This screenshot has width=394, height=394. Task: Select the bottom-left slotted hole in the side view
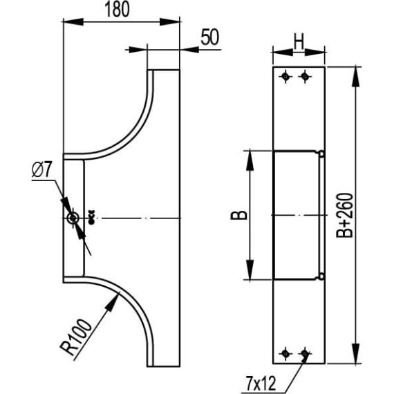(x=285, y=354)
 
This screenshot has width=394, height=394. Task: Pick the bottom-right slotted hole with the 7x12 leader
(x=303, y=354)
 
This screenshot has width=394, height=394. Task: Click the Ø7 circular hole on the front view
(x=73, y=218)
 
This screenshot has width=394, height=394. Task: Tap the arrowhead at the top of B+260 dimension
(x=356, y=75)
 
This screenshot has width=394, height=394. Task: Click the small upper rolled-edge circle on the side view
(x=321, y=153)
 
